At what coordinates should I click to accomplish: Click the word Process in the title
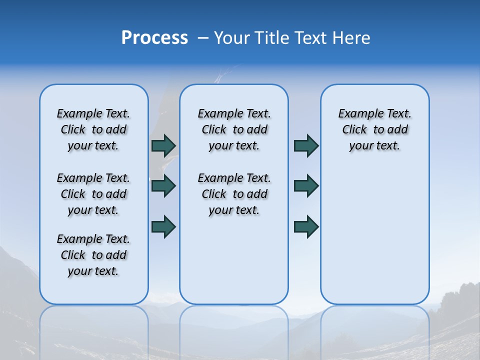(154, 37)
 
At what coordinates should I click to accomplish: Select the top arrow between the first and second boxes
(163, 145)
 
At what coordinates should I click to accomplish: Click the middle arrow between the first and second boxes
(163, 186)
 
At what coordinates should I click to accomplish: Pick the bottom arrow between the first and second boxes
(163, 226)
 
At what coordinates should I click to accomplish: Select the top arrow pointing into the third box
(306, 145)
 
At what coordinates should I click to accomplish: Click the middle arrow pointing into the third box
(306, 186)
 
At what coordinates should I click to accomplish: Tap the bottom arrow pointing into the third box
(306, 226)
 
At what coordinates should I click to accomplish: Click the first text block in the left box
(93, 129)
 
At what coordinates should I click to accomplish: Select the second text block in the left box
(93, 194)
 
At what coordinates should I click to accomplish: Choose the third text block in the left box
(93, 255)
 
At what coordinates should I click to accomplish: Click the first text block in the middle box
(234, 129)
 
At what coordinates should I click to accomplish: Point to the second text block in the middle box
(234, 194)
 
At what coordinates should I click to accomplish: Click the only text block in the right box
(374, 129)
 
